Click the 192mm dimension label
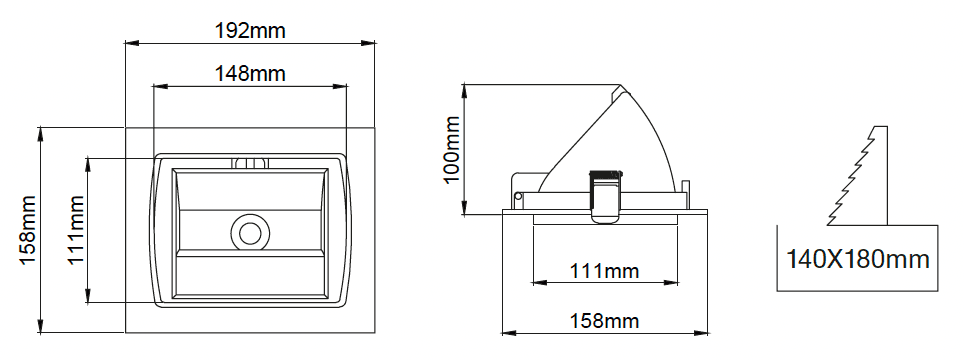(250, 30)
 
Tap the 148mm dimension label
(250, 73)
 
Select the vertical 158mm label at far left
(29, 230)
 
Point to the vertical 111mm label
(76, 230)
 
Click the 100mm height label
(452, 149)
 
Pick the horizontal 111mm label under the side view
(604, 270)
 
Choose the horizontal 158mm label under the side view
(604, 321)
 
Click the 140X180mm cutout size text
(858, 259)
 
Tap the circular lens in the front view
(250, 233)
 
